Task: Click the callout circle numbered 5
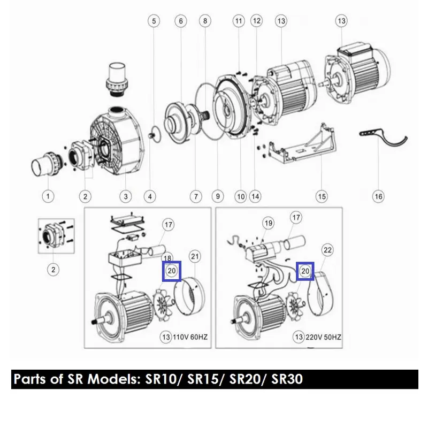(x=154, y=21)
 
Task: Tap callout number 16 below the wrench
(x=378, y=196)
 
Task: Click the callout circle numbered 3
(x=126, y=196)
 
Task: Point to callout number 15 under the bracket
(x=322, y=196)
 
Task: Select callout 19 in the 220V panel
(x=269, y=223)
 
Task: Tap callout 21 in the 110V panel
(x=195, y=256)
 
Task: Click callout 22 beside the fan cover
(x=327, y=250)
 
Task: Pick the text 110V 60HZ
(x=190, y=337)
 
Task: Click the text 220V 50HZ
(x=323, y=337)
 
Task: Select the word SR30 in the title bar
(x=287, y=379)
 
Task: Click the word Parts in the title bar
(x=30, y=379)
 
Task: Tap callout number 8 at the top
(x=205, y=21)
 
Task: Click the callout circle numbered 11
(x=239, y=21)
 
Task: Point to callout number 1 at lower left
(x=48, y=196)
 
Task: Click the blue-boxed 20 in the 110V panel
(x=172, y=271)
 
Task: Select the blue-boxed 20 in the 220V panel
(x=305, y=271)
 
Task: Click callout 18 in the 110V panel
(x=167, y=257)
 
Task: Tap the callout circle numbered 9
(x=218, y=196)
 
